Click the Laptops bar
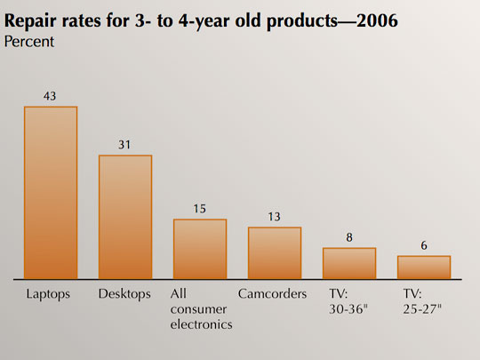[51, 193]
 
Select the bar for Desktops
[125, 217]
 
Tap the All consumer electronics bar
[200, 249]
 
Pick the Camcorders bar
[275, 253]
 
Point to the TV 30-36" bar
[349, 263]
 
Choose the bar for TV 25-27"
[424, 268]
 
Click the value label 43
[50, 96]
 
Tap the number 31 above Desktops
[124, 145]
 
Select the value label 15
[200, 209]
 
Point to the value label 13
[274, 217]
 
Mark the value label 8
[349, 237]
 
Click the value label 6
[424, 245]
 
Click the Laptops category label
[48, 294]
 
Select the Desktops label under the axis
[124, 294]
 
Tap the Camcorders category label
[273, 294]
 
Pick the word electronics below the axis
[201, 324]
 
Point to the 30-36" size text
[348, 309]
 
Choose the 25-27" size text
[422, 309]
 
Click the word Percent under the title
[29, 42]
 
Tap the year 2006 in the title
[377, 20]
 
